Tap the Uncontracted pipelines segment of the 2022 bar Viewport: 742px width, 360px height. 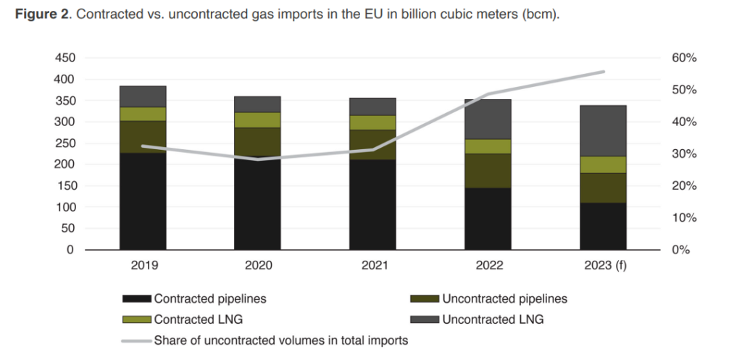coord(488,171)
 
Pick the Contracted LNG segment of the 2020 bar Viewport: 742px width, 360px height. coord(258,120)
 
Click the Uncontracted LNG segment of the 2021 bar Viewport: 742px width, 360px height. coord(373,106)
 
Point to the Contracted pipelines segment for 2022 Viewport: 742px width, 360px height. coord(488,219)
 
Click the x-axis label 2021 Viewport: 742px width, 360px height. coord(373,266)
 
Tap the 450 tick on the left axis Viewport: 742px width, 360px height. coord(64,58)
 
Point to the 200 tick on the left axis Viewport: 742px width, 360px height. coord(64,164)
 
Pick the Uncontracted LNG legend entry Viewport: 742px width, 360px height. coord(483,319)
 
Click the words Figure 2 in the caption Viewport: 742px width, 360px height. coord(40,16)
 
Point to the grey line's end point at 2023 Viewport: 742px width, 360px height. coord(604,72)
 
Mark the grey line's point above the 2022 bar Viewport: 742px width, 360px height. coord(488,95)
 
